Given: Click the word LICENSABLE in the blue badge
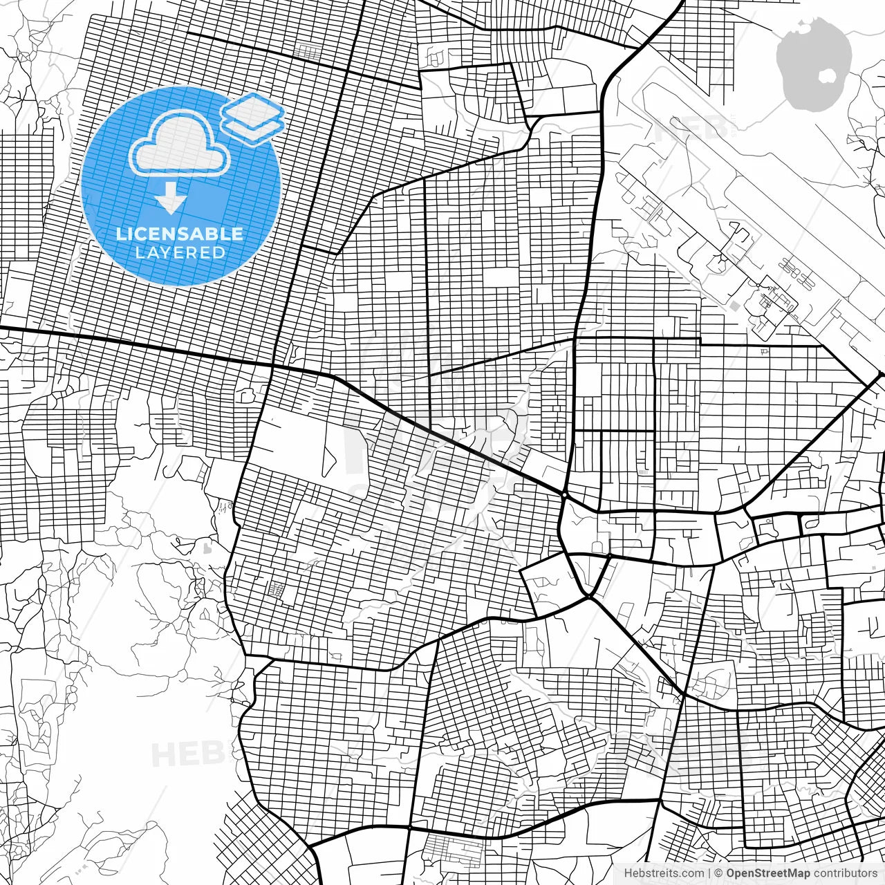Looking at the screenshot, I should coord(180,234).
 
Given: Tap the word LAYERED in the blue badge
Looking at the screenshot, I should coord(180,253).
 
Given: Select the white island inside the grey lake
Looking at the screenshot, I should coord(827,75).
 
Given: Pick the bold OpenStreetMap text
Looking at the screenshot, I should coord(768,873).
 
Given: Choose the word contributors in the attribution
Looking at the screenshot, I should coord(844,873).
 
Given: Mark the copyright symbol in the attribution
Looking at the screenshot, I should coord(719,873).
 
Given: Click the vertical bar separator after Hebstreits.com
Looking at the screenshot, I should coord(709,873).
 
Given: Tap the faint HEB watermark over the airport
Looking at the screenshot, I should coord(691,129).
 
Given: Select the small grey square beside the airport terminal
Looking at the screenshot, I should coord(734,305).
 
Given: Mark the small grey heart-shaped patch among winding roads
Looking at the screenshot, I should coord(207,549).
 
